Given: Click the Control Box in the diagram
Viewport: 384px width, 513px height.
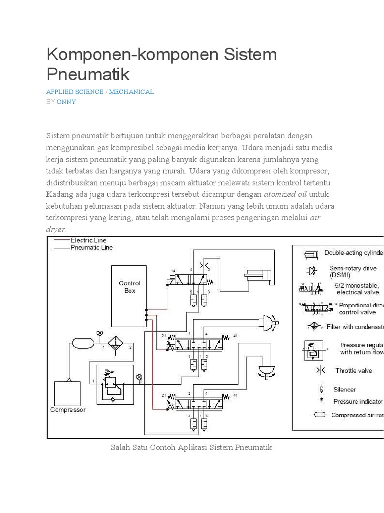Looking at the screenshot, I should point(129,296).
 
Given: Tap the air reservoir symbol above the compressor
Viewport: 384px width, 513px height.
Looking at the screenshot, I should point(82,343).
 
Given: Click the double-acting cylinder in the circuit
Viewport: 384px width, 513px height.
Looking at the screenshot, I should point(257,274).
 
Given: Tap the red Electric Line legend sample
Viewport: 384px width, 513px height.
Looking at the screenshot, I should point(61,241).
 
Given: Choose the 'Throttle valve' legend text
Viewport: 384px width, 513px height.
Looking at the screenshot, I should point(353,370).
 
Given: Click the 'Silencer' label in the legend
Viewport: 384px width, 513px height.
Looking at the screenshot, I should point(345,389).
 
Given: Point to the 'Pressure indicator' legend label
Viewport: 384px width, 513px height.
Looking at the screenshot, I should point(358,401).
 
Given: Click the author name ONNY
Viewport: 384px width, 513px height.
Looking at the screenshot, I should point(66,101).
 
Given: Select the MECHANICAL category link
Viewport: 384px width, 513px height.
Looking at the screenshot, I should point(131,92).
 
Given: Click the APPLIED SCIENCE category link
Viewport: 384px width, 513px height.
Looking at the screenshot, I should point(75,92).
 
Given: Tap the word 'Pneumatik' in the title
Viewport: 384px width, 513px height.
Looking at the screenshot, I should point(88,74).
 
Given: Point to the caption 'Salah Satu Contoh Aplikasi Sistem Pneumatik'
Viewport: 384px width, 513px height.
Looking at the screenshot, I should point(191,447).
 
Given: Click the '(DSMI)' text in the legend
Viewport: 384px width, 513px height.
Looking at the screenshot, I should point(340,275).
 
